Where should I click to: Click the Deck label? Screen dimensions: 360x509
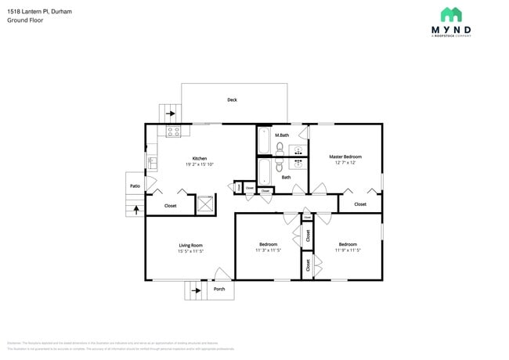click(232, 100)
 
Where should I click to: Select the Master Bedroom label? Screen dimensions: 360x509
click(345, 157)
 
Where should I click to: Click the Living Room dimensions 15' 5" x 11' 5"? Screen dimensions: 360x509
click(190, 251)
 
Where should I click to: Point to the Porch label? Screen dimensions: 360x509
click(219, 289)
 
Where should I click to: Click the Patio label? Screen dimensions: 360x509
click(135, 186)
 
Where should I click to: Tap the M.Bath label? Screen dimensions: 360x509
click(282, 135)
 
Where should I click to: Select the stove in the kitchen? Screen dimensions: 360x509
click(173, 131)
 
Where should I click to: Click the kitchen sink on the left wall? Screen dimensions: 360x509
click(152, 163)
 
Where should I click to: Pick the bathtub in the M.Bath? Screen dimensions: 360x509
click(264, 142)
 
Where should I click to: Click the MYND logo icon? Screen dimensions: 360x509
click(450, 14)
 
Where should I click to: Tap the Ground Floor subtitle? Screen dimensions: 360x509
click(25, 20)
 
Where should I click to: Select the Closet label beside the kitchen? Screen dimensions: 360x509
click(170, 206)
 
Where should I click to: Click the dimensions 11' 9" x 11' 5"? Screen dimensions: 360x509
click(348, 250)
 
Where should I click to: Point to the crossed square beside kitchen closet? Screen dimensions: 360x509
click(206, 203)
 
